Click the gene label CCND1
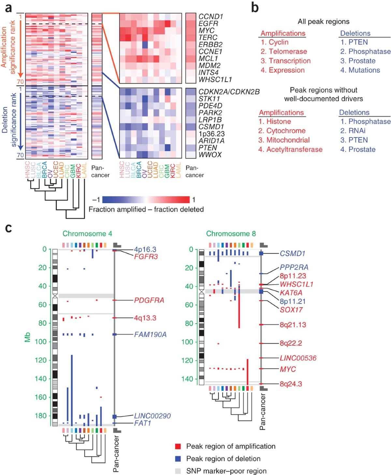tap(210, 17)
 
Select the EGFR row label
tap(208, 23)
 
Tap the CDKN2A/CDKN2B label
tap(229, 92)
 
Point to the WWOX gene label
tap(210, 155)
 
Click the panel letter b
tap(255, 7)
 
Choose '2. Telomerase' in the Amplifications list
tap(283, 51)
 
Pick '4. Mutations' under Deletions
tap(360, 70)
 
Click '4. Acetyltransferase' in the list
tap(290, 150)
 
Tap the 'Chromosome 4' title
tap(87, 234)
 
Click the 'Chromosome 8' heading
tap(231, 234)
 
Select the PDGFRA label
tap(149, 300)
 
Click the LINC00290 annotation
tap(152, 416)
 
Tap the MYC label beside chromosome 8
tap(288, 369)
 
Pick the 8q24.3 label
tap(291, 384)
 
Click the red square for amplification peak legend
tap(178, 446)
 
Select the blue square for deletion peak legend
tap(178, 459)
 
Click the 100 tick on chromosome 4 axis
tap(42, 342)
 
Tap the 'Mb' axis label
tap(27, 337)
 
